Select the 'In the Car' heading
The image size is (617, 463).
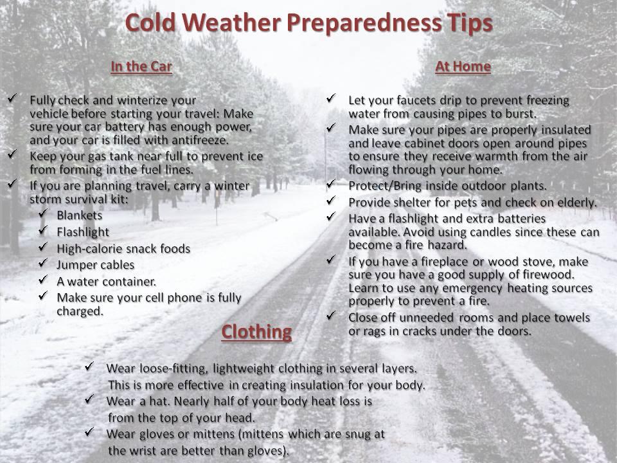(141, 66)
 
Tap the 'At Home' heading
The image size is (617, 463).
(463, 66)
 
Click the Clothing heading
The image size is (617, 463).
(256, 332)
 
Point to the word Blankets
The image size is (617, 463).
(80, 215)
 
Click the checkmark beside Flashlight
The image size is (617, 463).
(43, 230)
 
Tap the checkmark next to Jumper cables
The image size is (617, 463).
(43, 263)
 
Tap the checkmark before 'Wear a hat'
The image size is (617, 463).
(89, 399)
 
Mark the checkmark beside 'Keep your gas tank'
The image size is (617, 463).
(12, 154)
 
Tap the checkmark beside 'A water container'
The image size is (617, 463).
(43, 280)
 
